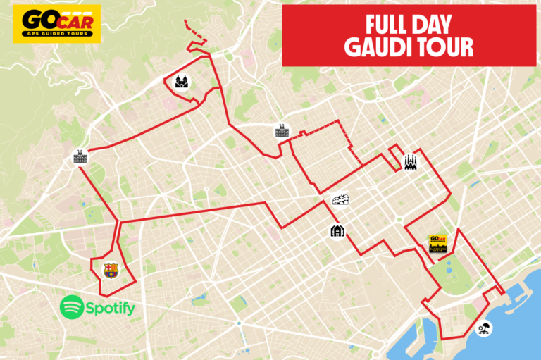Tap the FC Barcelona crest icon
point(111,270)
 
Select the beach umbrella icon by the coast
point(483,328)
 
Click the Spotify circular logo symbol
point(72,307)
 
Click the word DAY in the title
point(437,23)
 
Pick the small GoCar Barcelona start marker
point(438,243)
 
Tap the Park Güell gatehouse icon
point(181,81)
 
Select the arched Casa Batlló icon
point(337,231)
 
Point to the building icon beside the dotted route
point(282,130)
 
